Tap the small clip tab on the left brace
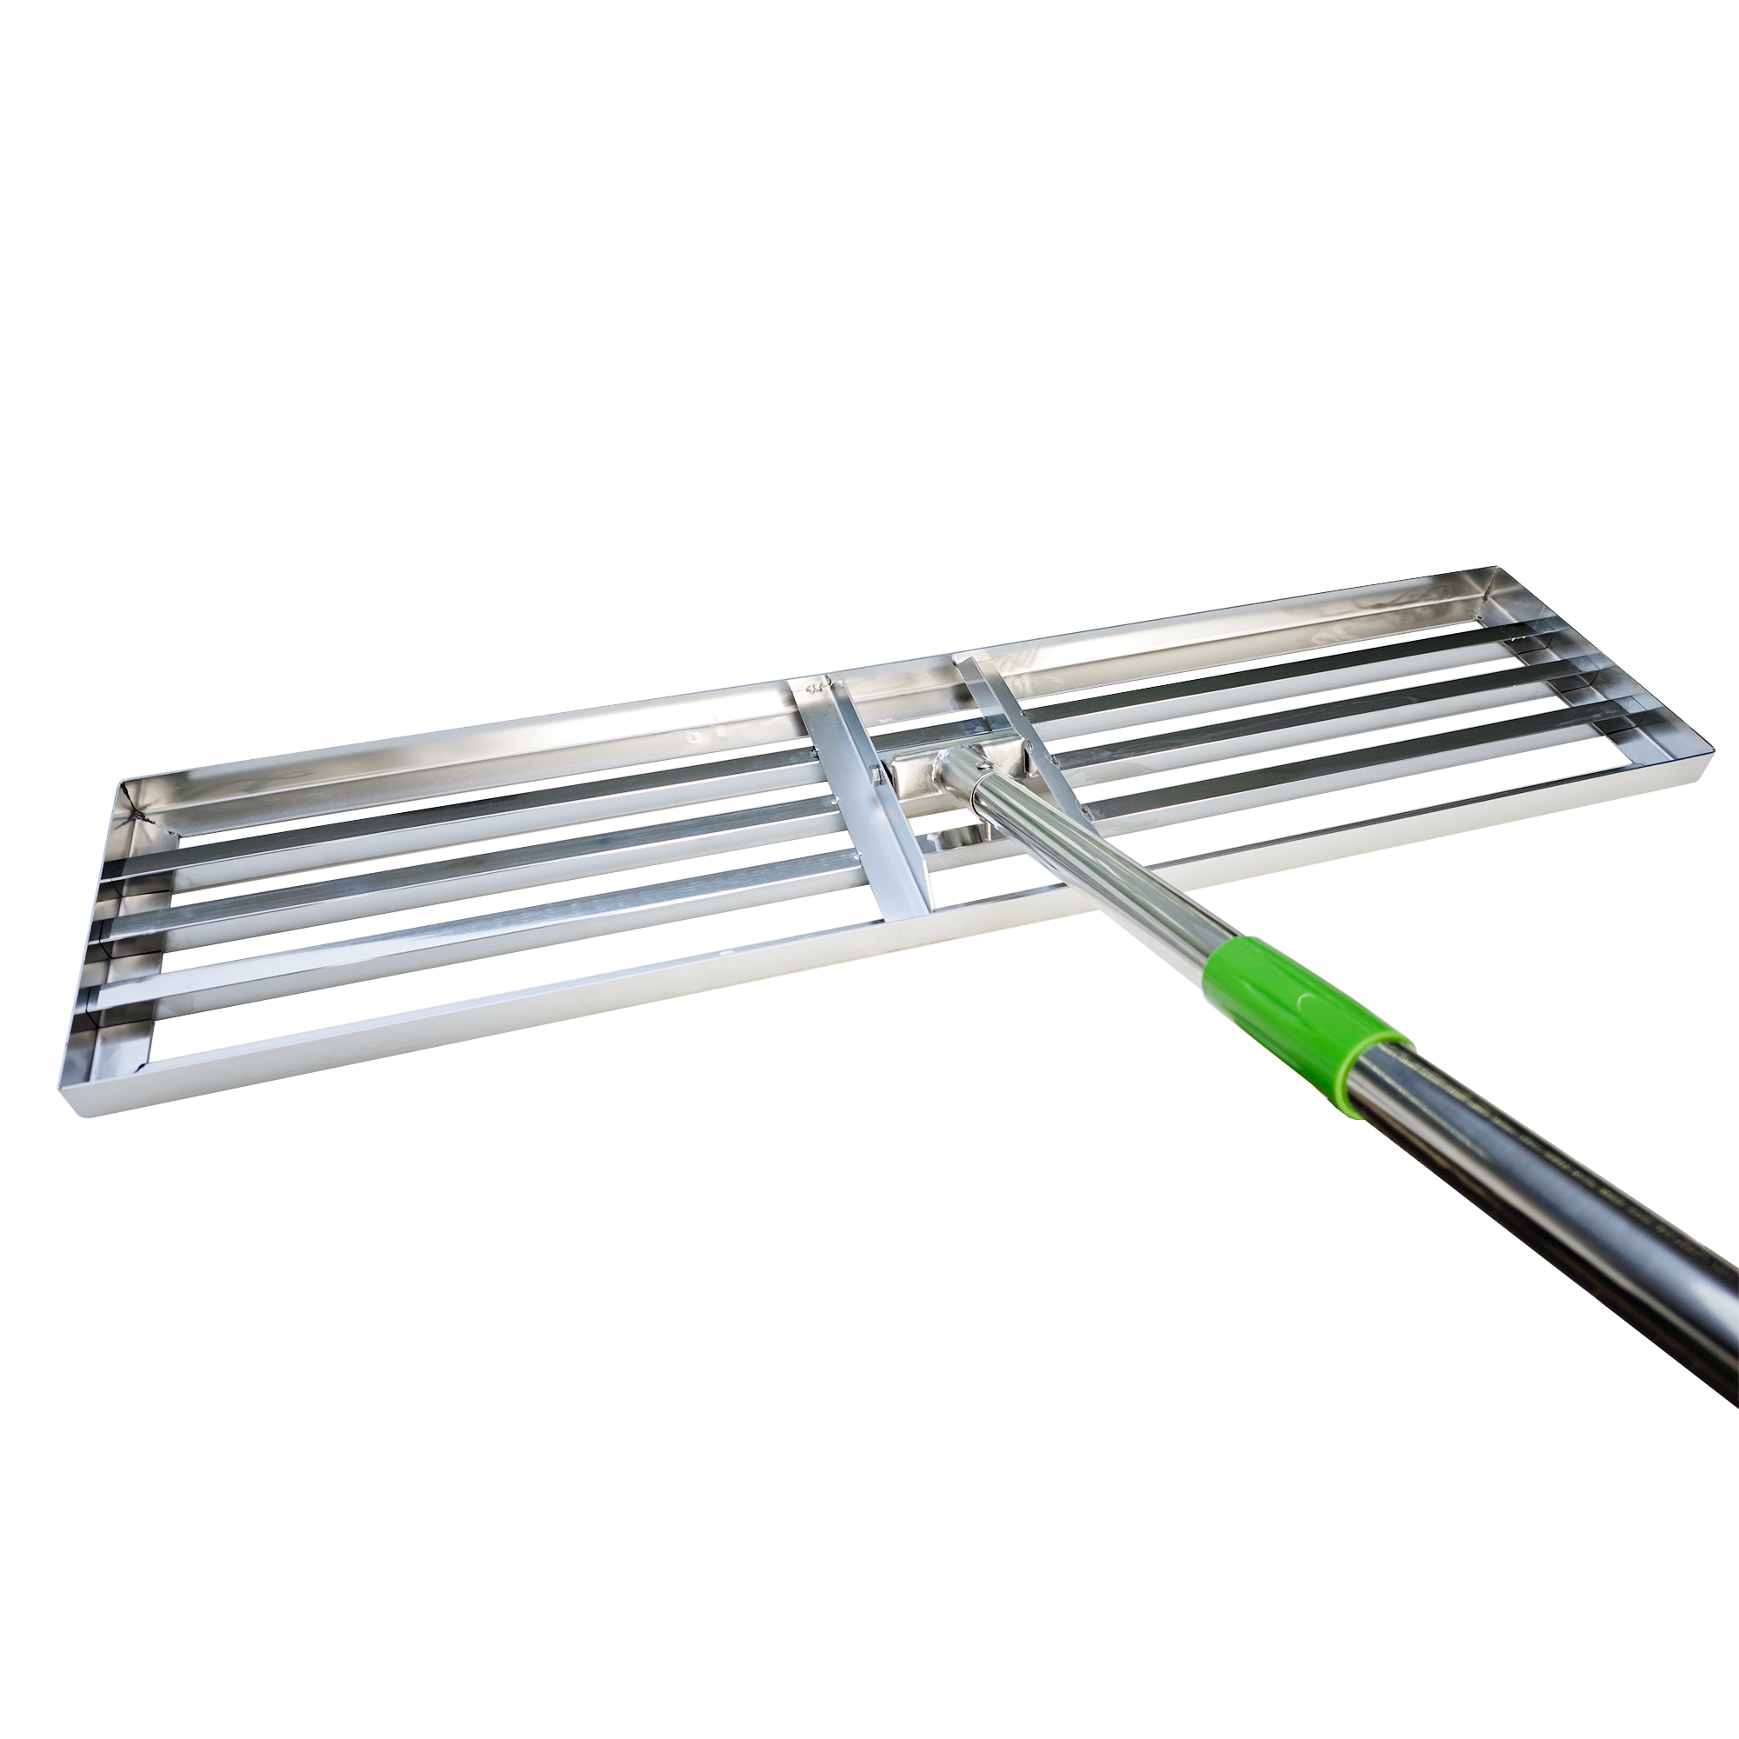pos(874,771)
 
